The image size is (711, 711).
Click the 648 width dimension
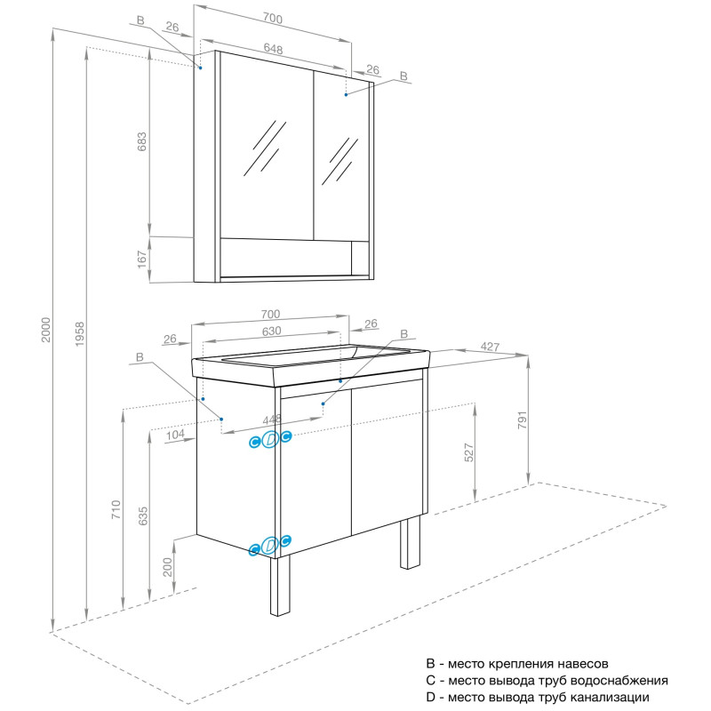273,51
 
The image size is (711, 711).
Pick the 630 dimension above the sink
271,331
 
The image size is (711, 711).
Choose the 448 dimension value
271,420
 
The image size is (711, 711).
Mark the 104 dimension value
174,435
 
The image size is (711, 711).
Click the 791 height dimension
523,418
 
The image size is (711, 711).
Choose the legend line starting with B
517,664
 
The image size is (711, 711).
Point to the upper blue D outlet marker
271,438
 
